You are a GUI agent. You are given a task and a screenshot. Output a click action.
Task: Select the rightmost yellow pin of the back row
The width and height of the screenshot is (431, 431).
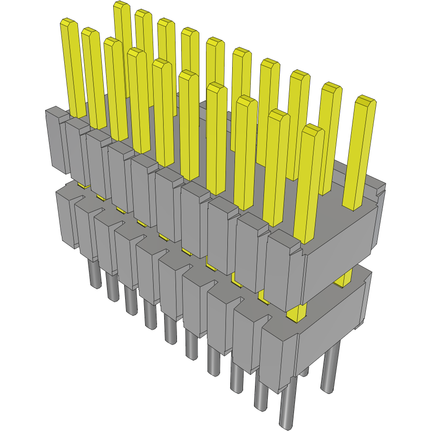point(361,152)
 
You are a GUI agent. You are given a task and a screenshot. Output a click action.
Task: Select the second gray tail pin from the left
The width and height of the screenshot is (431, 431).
point(112,288)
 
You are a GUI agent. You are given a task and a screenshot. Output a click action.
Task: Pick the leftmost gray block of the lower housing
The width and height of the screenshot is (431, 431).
point(65,216)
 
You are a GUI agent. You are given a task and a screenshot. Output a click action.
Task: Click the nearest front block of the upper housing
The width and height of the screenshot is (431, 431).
point(283,271)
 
